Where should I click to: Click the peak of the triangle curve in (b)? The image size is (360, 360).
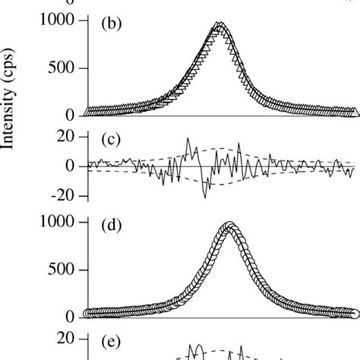[219, 25]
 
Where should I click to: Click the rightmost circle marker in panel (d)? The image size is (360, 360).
[354, 313]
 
